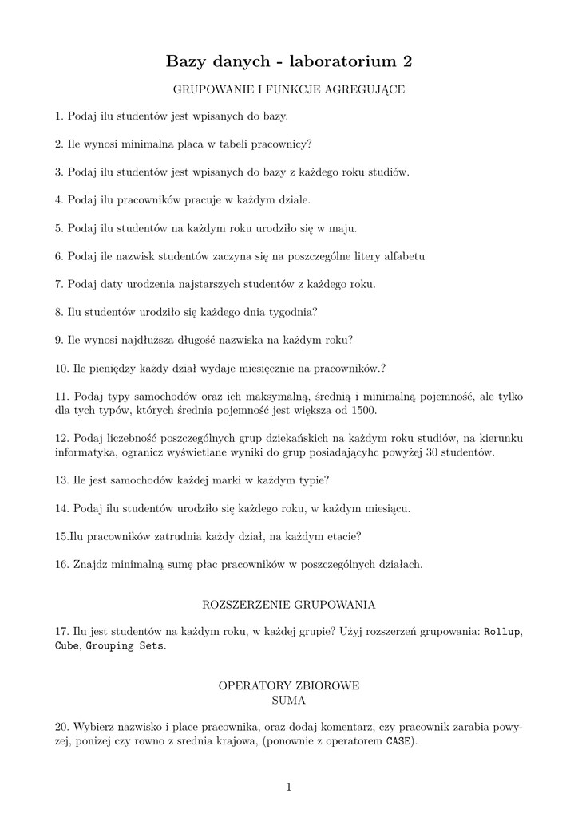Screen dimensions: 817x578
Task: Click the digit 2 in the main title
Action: point(407,61)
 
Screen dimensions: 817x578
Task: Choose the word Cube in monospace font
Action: point(66,645)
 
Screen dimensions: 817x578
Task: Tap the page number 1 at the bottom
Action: point(289,787)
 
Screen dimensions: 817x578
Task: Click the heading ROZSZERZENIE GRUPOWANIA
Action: point(289,604)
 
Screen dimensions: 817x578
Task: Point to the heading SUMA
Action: point(289,700)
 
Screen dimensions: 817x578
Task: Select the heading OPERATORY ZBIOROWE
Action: point(289,686)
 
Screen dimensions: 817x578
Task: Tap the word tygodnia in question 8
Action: point(294,312)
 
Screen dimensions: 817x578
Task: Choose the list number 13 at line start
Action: point(61,480)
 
